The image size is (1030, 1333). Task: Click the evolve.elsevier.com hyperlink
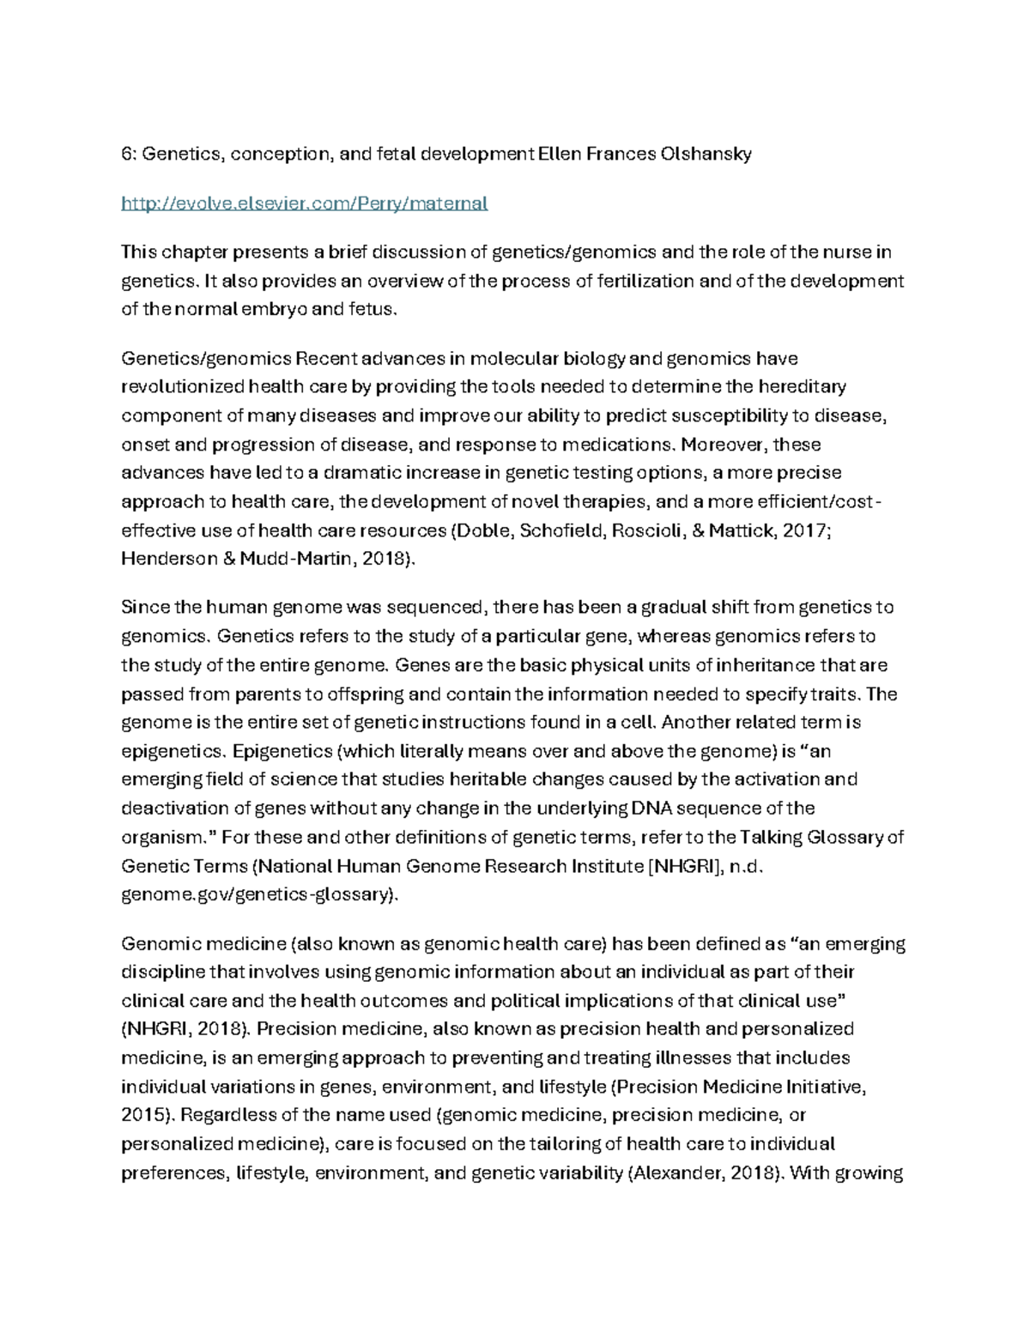click(x=305, y=203)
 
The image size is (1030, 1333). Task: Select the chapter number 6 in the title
click(x=126, y=155)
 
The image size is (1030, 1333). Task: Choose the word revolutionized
click(x=182, y=386)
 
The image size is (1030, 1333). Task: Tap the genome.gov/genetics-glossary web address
click(x=257, y=894)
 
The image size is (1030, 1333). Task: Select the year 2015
click(x=148, y=1115)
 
